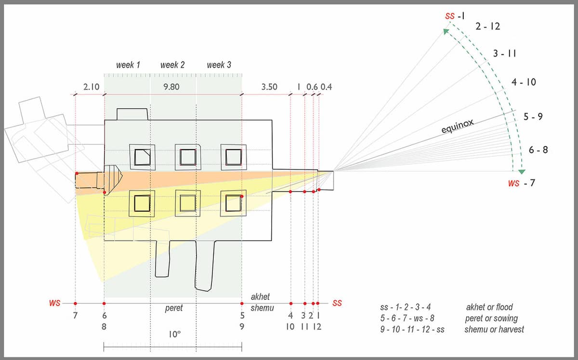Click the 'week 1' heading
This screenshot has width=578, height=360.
point(128,64)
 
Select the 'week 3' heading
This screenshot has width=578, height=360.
point(219,64)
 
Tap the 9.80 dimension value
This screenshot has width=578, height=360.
point(171,87)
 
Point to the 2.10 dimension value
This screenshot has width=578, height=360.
point(92,87)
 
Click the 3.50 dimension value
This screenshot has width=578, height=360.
point(269,87)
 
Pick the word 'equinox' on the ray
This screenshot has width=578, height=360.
point(458,126)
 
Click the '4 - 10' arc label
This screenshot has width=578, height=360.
point(524,82)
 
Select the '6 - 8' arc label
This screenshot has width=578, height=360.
point(539,150)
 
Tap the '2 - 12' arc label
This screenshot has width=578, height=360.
point(487,26)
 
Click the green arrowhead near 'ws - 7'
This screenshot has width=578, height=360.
point(522,171)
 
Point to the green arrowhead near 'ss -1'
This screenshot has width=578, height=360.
point(446,31)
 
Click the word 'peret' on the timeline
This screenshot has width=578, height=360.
point(174,308)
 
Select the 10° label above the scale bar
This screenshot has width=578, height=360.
point(174,334)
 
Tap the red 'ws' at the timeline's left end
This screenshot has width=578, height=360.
point(55,303)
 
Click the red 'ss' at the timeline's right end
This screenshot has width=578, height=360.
point(337,303)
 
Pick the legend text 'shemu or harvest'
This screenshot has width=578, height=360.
point(494,329)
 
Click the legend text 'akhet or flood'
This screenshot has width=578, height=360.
point(489,307)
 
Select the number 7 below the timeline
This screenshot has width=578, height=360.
point(75,315)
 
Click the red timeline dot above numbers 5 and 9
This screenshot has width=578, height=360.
point(242,304)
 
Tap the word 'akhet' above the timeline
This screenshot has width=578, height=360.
point(260,296)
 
